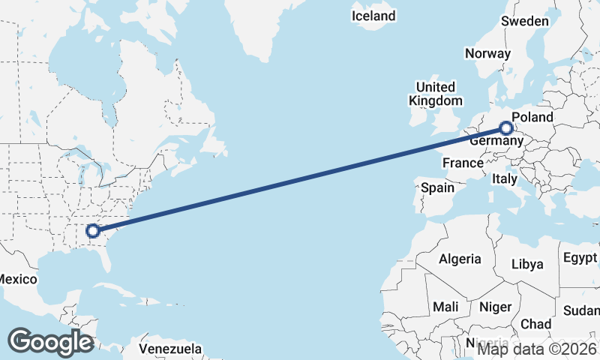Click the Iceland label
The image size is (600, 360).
tap(373, 16)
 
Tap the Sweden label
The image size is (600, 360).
tap(525, 21)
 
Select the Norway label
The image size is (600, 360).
tap(487, 53)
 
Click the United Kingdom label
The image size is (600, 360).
tap(436, 94)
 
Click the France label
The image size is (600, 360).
tap(463, 163)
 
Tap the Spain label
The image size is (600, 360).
tap(437, 187)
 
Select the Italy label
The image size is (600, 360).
tap(504, 179)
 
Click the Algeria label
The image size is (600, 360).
tap(460, 259)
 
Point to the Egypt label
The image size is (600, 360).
tap(580, 258)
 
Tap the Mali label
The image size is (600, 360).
tap(445, 307)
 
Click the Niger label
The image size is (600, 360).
tap(495, 307)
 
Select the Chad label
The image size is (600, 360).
tap(535, 324)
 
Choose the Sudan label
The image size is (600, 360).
tap(581, 310)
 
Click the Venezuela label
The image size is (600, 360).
tap(171, 349)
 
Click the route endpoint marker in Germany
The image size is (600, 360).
tap(509, 128)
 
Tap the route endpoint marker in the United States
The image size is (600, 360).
tap(92, 231)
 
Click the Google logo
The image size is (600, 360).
tap(50, 341)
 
